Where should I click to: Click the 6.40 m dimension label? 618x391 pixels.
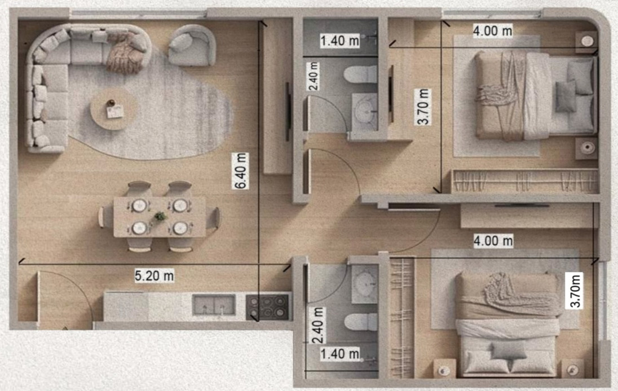pos(240,171)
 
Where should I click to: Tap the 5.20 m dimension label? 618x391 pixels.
pos(154,275)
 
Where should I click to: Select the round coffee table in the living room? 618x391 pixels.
pos(114,109)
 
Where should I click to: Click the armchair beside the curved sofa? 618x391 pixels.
pos(192,45)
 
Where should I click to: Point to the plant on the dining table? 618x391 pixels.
pos(160,217)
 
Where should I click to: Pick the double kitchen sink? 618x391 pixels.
pos(214,305)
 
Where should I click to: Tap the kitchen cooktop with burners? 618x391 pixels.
pos(268,307)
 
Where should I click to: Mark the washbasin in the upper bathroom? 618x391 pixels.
pos(365,112)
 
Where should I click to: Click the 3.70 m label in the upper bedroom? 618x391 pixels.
pos(423,107)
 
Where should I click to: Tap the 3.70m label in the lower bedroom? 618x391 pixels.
pos(575,291)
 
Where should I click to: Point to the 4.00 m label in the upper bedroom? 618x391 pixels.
pos(493,31)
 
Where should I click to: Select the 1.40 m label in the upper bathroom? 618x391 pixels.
pos(340,41)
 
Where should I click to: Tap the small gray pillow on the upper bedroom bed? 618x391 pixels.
pos(566,95)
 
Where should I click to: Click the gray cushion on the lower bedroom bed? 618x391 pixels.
pos(509,350)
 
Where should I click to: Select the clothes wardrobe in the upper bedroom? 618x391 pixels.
pos(525,181)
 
